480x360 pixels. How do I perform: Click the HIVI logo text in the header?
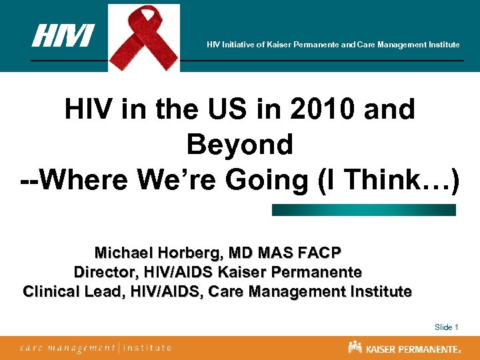(x=63, y=36)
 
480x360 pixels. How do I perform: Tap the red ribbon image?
(x=144, y=37)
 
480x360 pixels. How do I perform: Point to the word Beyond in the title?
(x=240, y=144)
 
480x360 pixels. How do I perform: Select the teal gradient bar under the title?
(x=363, y=210)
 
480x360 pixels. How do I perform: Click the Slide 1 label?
(x=446, y=327)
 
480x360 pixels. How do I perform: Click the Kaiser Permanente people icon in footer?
(x=355, y=347)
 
